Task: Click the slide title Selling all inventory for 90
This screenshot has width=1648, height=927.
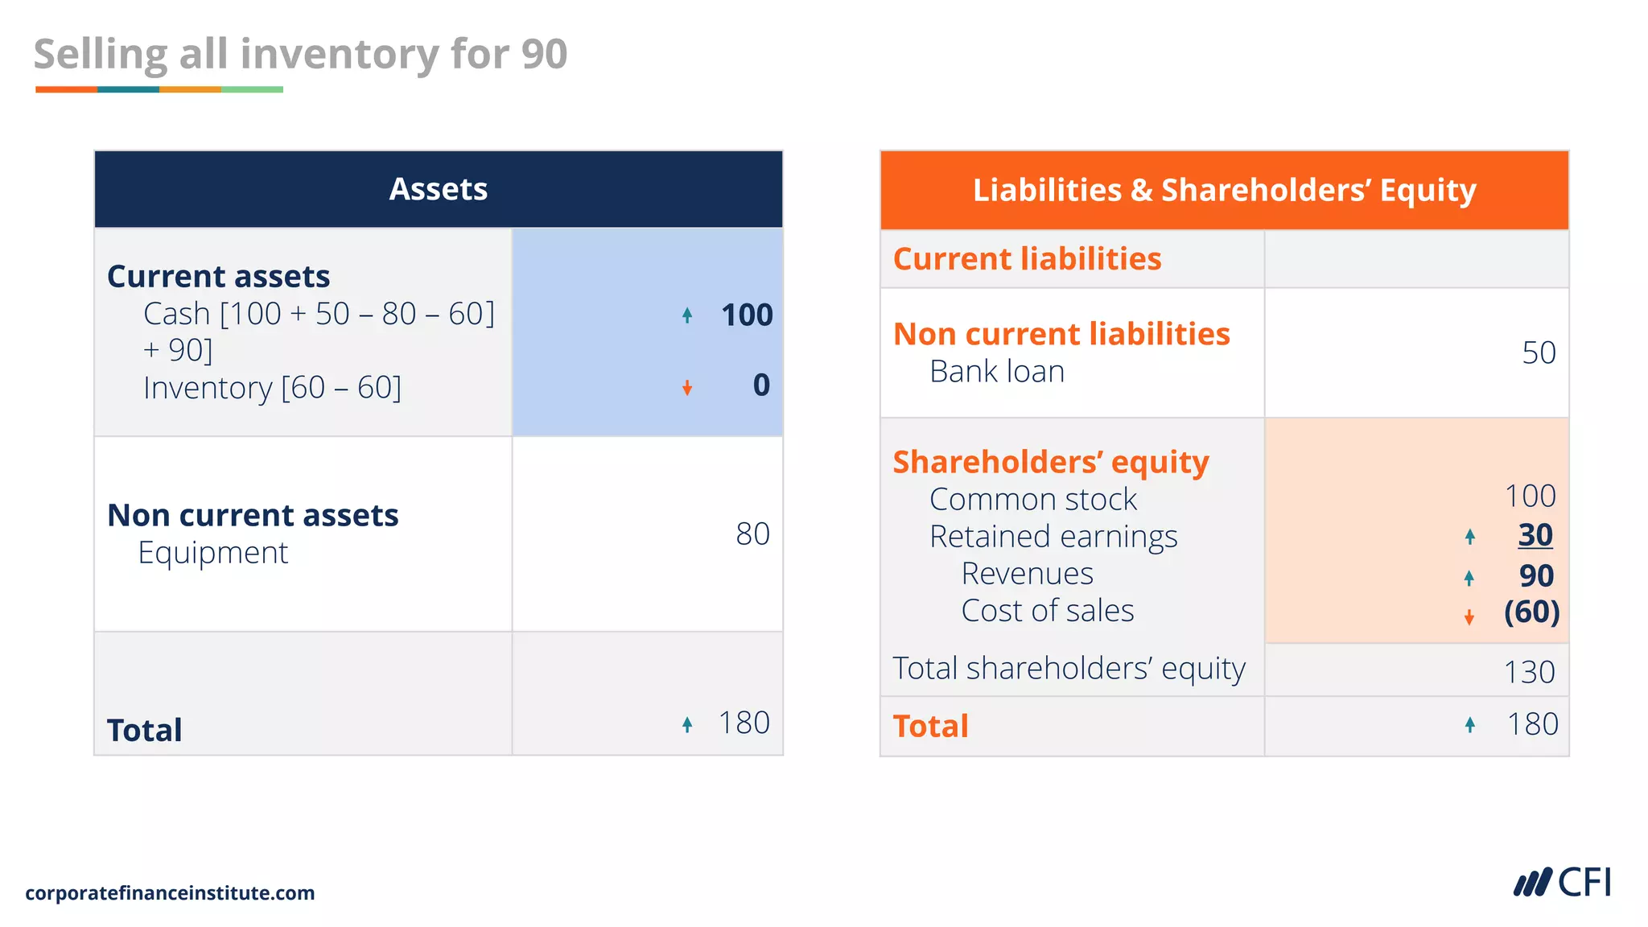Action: [x=300, y=55]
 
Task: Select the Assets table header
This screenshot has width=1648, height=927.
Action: [x=438, y=189]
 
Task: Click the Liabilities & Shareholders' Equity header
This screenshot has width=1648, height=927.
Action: [x=1224, y=191]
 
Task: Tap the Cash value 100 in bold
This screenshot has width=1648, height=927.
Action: [x=746, y=315]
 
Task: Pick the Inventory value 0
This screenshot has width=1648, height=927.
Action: [x=760, y=385]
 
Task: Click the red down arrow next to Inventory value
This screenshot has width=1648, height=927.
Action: [x=687, y=389]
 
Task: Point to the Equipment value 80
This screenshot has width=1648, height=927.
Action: [x=752, y=534]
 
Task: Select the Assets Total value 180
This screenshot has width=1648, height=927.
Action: [x=744, y=723]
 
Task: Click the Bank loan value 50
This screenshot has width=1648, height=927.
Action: [x=1538, y=352]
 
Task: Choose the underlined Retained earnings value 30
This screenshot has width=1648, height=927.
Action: [x=1535, y=535]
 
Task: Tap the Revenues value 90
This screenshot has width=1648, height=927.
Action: [x=1535, y=576]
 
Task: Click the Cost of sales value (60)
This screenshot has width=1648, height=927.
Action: [x=1531, y=612]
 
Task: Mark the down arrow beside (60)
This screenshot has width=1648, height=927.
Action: [x=1469, y=617]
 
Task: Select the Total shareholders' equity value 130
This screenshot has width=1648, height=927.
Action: [x=1529, y=672]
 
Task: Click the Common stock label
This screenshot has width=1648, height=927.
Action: [x=1032, y=500]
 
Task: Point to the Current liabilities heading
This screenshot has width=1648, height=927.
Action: [x=1027, y=259]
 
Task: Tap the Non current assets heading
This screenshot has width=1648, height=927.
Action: [x=253, y=515]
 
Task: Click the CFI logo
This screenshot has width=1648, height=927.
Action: [x=1563, y=883]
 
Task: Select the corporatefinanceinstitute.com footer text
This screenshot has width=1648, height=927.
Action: [x=170, y=893]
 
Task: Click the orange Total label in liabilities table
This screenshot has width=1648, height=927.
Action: [x=930, y=726]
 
